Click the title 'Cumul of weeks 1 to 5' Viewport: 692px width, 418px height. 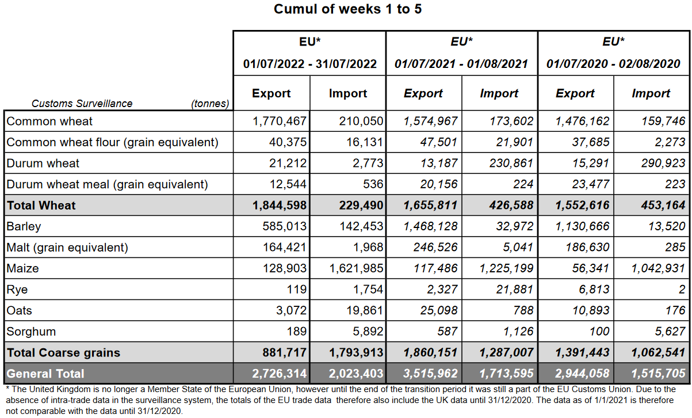pos(347,9)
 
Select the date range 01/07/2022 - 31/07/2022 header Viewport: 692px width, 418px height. pos(309,64)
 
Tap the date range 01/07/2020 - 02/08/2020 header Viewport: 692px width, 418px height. pos(613,64)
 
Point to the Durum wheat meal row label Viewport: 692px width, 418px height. pos(107,184)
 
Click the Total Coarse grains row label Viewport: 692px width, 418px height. pos(63,352)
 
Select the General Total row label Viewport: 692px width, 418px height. pos(45,374)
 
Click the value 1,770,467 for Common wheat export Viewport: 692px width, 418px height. pos(280,121)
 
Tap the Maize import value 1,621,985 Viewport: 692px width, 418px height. pos(356,268)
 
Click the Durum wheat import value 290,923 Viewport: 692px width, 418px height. pos(663,164)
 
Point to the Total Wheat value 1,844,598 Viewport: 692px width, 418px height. pos(280,206)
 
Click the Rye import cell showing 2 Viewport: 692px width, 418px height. pos(682,290)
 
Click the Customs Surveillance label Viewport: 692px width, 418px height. pos(82,104)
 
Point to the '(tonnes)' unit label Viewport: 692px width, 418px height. pos(210,104)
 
